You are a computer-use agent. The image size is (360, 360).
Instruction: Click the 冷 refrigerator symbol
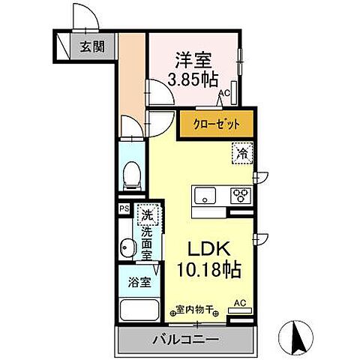point(241,153)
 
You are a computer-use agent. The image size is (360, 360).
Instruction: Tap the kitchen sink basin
point(205,196)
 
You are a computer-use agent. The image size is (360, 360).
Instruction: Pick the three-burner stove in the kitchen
point(241,196)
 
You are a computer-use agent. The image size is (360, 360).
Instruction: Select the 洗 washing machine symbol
point(147,216)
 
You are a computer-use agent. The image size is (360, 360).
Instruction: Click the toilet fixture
point(131,175)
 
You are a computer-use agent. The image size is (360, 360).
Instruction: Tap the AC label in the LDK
point(239,303)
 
